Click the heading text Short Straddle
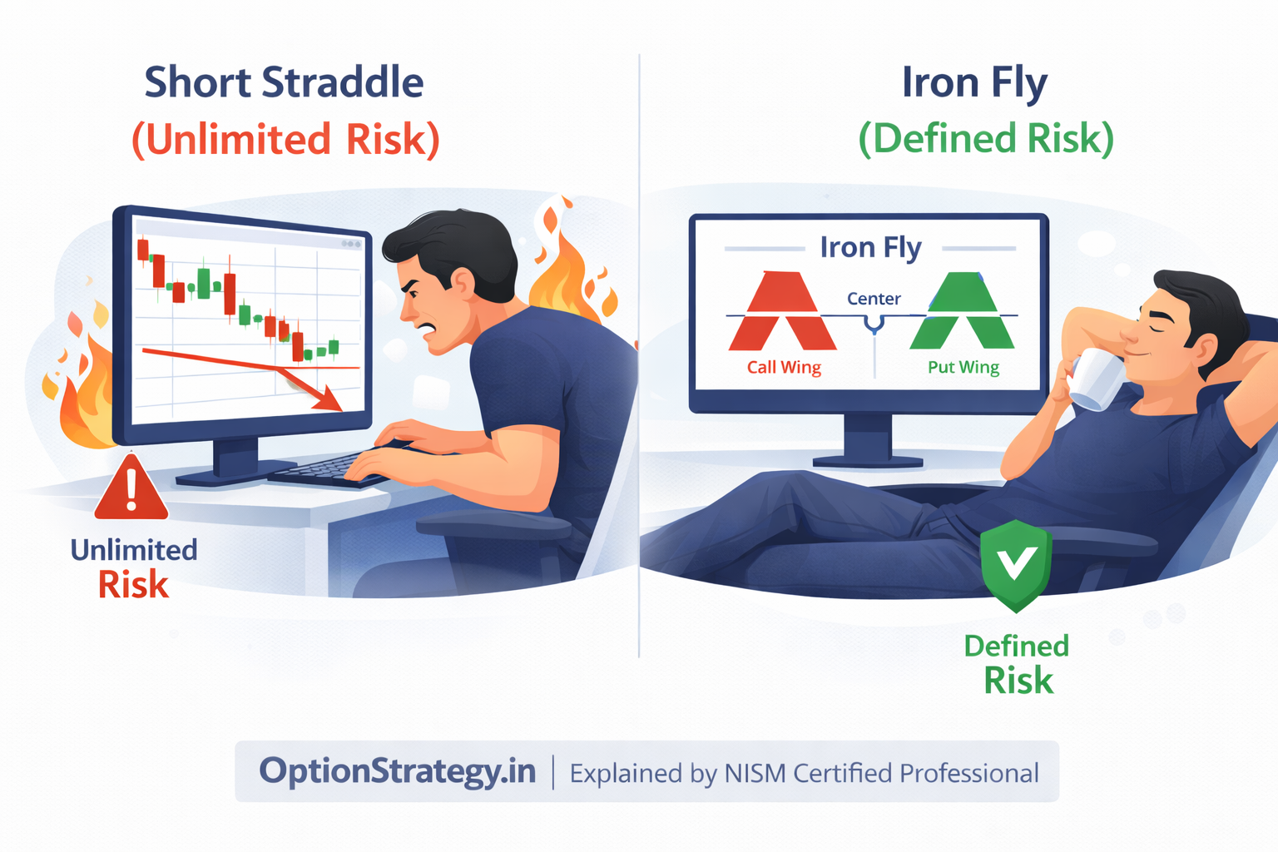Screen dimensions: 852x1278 tap(284, 83)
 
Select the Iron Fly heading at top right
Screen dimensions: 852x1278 tap(974, 83)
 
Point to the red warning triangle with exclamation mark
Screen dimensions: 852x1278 tap(131, 488)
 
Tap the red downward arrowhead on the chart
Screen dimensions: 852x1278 tap(329, 399)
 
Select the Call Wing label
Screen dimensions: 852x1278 tap(784, 367)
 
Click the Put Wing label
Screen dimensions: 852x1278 tap(963, 367)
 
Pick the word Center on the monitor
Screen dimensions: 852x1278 tap(874, 299)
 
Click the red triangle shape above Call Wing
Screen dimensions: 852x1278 tap(782, 312)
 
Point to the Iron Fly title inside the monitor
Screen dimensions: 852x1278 tap(870, 247)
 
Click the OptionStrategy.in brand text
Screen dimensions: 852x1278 tap(397, 771)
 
